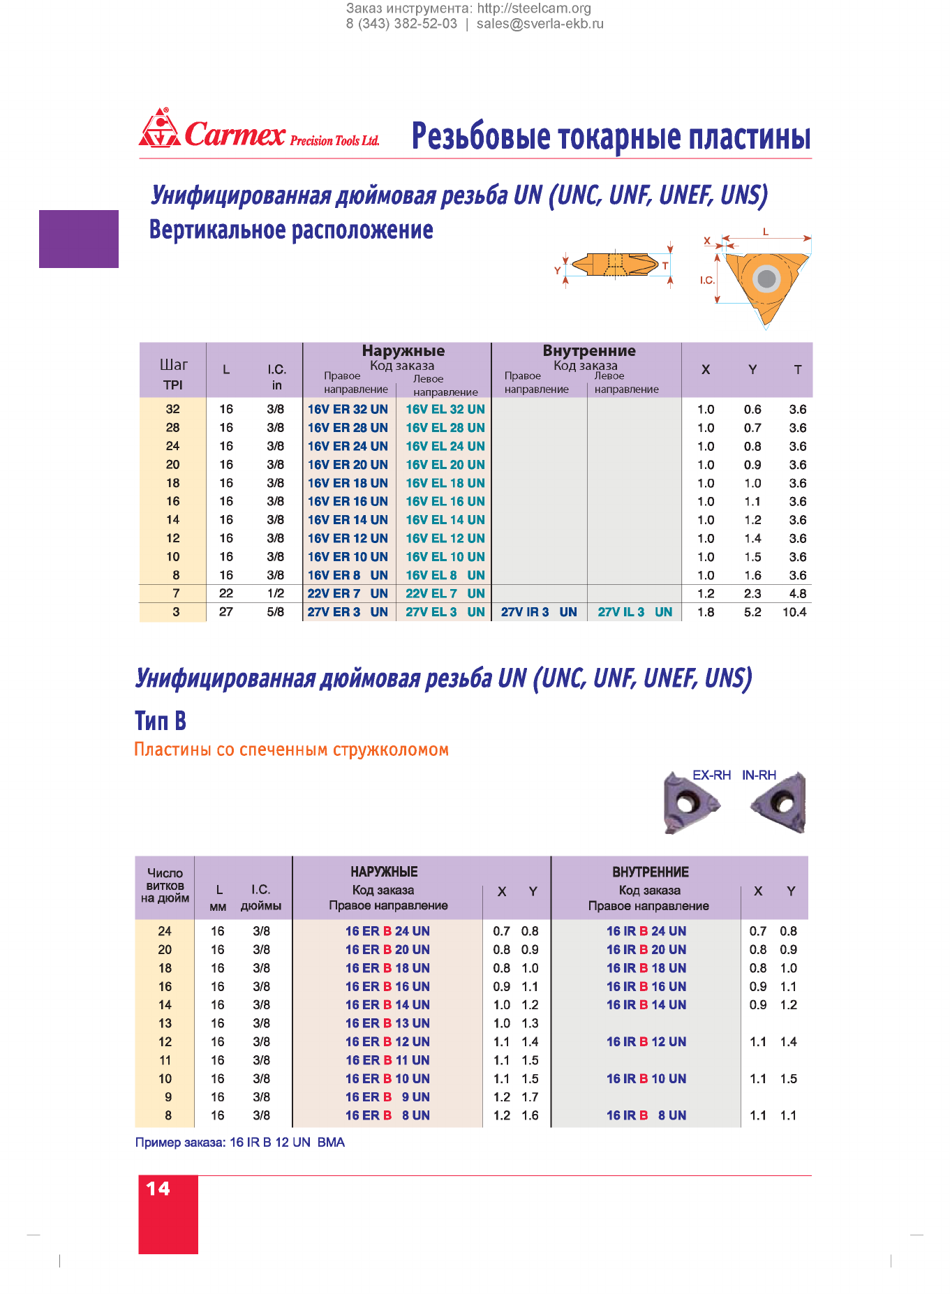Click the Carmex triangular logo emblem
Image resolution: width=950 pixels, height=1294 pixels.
160,128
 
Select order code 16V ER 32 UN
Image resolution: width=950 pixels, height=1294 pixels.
348,409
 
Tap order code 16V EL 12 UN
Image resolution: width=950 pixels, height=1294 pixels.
445,538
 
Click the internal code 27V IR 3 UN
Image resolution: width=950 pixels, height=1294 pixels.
539,612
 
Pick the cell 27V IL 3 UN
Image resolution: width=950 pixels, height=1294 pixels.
635,612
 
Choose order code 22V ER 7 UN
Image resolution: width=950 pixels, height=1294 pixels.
348,593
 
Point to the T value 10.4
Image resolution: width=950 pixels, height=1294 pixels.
794,612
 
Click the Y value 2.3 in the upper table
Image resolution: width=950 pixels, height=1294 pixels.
752,594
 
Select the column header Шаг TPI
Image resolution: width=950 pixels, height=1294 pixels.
173,374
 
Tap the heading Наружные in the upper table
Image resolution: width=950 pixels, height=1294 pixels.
403,350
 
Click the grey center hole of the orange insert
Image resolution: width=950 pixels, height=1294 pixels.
766,278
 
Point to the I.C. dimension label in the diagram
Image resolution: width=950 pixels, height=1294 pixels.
707,280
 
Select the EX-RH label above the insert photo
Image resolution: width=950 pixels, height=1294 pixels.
711,775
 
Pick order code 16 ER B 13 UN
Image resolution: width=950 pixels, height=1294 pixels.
387,1023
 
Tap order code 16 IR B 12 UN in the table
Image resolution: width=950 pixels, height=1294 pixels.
646,1041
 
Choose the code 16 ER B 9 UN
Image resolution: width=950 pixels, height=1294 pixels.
387,1097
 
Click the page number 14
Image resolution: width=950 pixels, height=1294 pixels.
158,1189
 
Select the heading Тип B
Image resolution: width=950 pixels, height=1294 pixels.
161,720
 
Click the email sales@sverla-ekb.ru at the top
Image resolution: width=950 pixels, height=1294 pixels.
540,24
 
